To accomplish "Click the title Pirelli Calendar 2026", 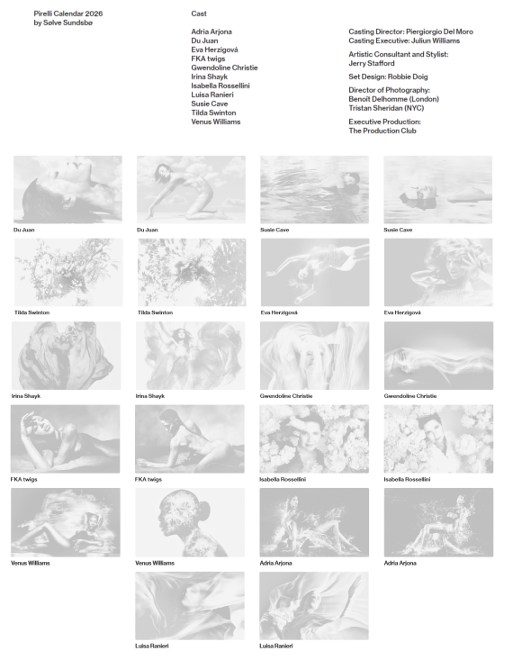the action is click(68, 14).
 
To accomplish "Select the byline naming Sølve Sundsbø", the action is click(63, 23).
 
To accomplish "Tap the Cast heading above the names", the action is click(199, 14).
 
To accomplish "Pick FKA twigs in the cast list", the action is click(208, 59).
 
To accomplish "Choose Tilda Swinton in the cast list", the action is click(213, 113).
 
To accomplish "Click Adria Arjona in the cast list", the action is click(211, 32).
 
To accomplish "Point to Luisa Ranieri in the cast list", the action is click(212, 95).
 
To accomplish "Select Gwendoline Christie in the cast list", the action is click(224, 68).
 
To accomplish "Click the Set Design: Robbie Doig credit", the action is click(388, 77).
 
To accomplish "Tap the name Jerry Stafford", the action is click(372, 63).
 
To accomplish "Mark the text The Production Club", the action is click(382, 131).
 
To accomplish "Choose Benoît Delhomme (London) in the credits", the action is click(393, 99).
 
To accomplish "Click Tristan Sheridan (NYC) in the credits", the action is click(386, 108).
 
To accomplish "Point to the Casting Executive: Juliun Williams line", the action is click(404, 41).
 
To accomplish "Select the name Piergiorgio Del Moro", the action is click(439, 32).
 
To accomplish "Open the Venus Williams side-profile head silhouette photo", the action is click(190, 522).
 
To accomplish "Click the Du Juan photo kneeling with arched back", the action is click(191, 189).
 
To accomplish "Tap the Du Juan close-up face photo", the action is click(67, 189).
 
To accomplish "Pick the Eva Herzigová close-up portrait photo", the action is click(438, 272).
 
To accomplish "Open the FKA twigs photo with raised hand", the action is click(65, 439).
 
